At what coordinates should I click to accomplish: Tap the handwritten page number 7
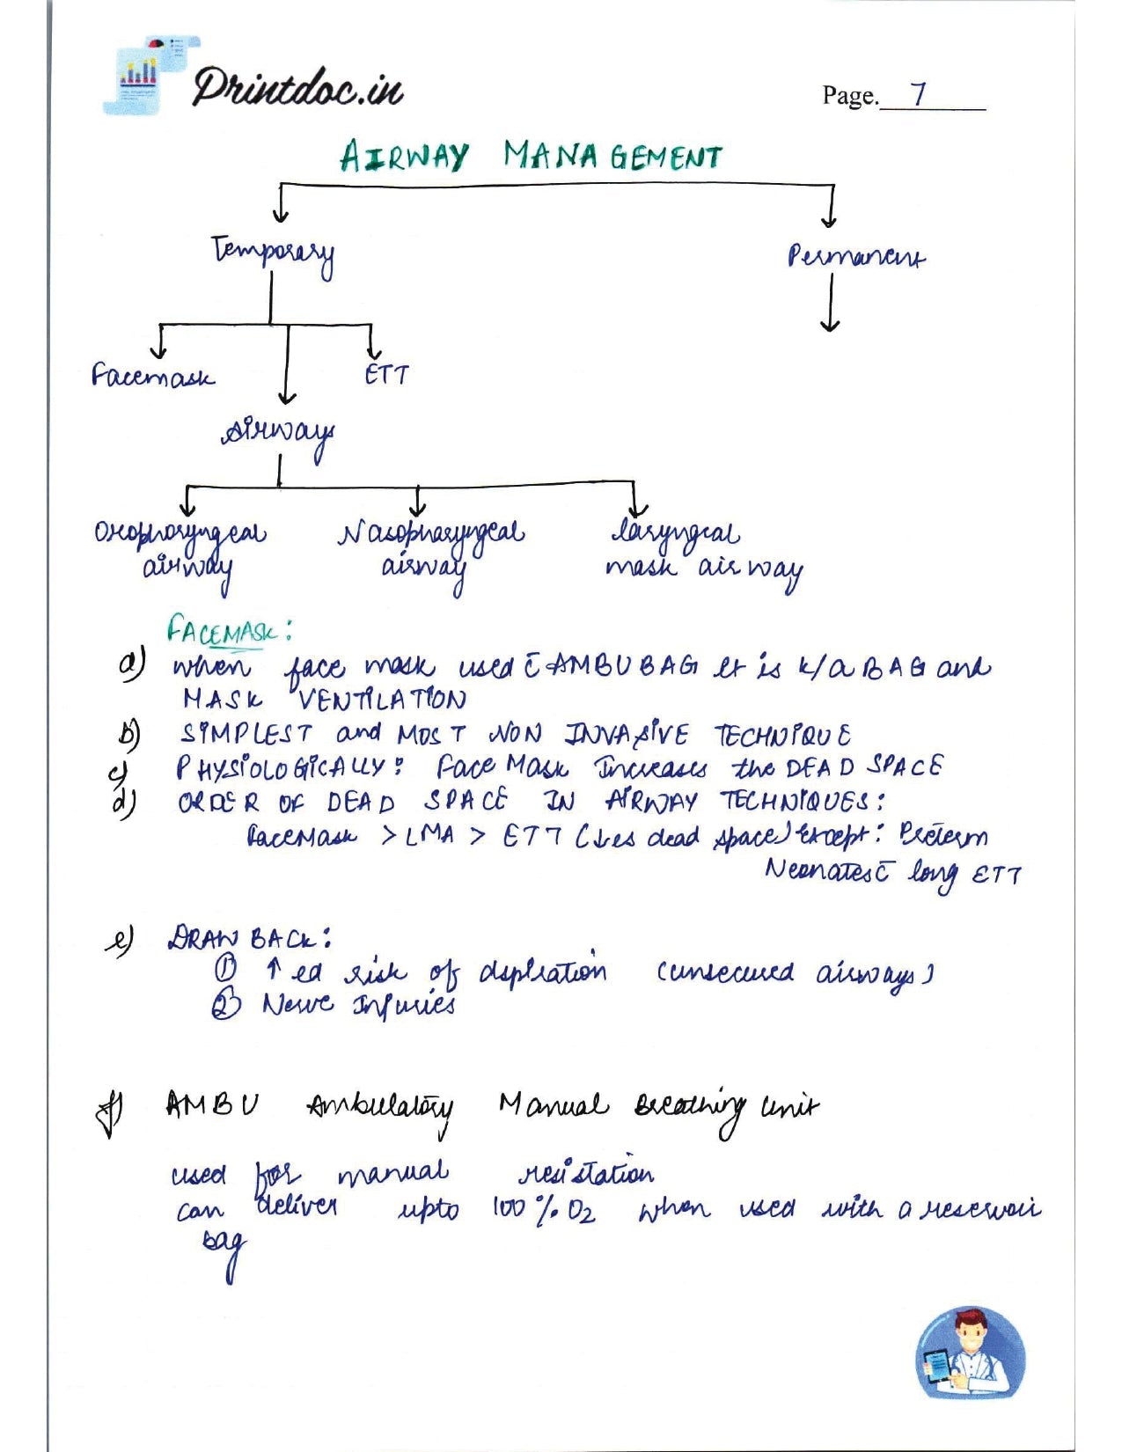[x=920, y=93]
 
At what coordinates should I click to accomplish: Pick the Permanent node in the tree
[x=855, y=257]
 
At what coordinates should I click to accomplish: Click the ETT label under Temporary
[x=386, y=376]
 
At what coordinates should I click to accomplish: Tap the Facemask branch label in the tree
[x=152, y=377]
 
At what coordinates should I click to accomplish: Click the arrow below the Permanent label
[x=829, y=304]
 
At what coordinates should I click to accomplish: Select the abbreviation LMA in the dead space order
[x=430, y=836]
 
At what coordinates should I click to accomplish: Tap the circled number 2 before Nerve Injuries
[x=225, y=1004]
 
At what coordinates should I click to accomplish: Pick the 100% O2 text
[x=543, y=1211]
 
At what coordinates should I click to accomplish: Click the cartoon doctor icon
[x=970, y=1353]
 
